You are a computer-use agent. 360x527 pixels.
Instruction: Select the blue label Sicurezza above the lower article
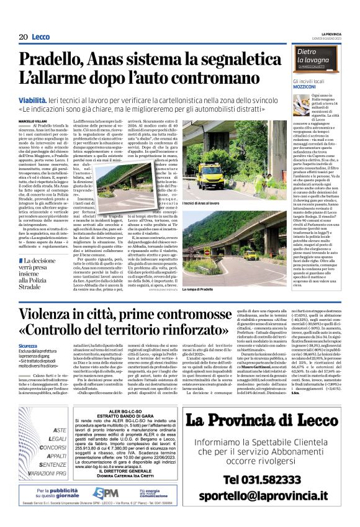pyautogui.click(x=27, y=345)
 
